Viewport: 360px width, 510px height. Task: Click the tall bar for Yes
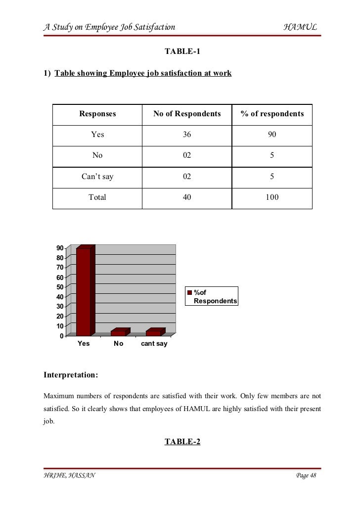point(83,292)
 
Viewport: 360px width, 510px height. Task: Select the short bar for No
point(119,332)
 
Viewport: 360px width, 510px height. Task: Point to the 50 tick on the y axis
point(59,287)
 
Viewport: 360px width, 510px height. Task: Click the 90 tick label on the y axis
point(59,248)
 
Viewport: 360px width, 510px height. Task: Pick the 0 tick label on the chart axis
point(61,336)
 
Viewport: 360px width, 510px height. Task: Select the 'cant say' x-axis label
point(154,344)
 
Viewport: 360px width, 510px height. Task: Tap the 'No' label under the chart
point(118,344)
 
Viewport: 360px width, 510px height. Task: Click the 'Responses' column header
point(97,114)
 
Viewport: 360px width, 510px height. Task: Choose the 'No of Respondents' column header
point(187,114)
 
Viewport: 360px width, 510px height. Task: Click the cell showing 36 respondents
point(187,135)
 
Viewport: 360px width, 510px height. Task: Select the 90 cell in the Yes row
point(272,135)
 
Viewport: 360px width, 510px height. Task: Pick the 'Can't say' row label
point(97,177)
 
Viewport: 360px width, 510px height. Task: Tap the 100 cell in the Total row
point(272,197)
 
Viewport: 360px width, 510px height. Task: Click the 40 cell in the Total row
point(187,197)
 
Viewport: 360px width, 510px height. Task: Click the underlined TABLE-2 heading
point(182,442)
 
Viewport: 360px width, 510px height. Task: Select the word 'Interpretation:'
point(71,375)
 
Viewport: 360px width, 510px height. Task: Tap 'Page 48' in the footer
point(306,476)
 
